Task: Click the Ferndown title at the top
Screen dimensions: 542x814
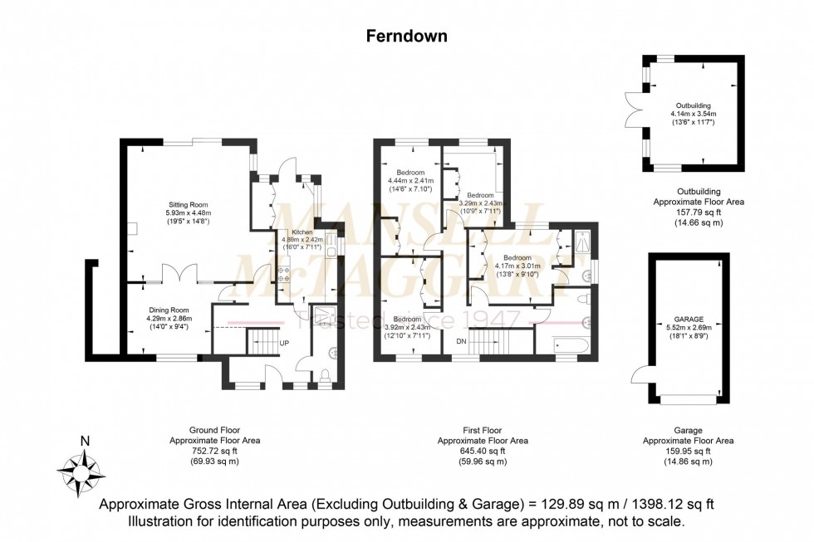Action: coord(407,36)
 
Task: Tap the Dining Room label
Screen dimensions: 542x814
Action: coord(169,309)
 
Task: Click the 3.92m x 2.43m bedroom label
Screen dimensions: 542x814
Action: coord(406,327)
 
